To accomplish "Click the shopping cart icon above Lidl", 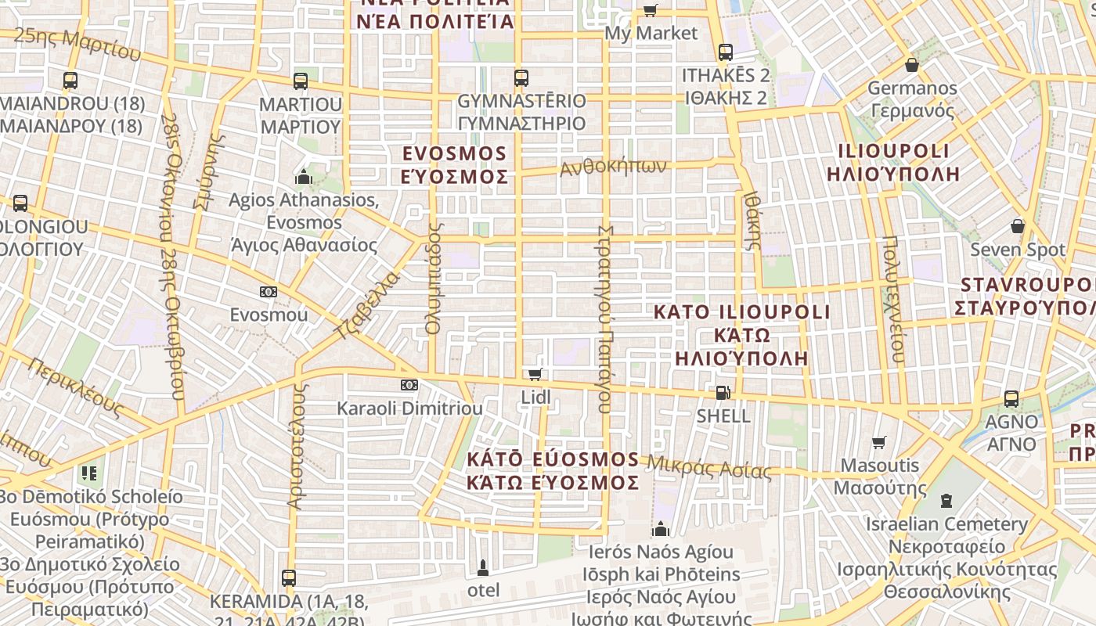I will coord(535,374).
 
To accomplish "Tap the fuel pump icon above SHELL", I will coord(723,392).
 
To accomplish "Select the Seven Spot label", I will coord(1018,250).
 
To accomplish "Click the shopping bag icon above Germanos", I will coord(911,64).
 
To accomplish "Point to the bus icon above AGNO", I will coord(1011,398).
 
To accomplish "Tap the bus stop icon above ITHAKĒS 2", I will coord(726,52).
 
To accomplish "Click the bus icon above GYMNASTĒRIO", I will coord(521,78).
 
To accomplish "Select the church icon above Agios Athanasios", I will coord(304,177).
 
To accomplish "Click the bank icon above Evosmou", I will coord(269,292).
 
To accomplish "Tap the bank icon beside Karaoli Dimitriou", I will coord(409,385).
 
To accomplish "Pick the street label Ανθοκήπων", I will coord(613,166).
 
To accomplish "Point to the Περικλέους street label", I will coord(77,387).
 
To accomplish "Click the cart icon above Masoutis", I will coord(879,443).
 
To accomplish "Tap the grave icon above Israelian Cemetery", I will coord(946,500).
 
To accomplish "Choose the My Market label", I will coord(651,33).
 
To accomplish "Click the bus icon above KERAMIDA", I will coord(289,578).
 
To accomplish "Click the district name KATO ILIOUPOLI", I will coord(741,312).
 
